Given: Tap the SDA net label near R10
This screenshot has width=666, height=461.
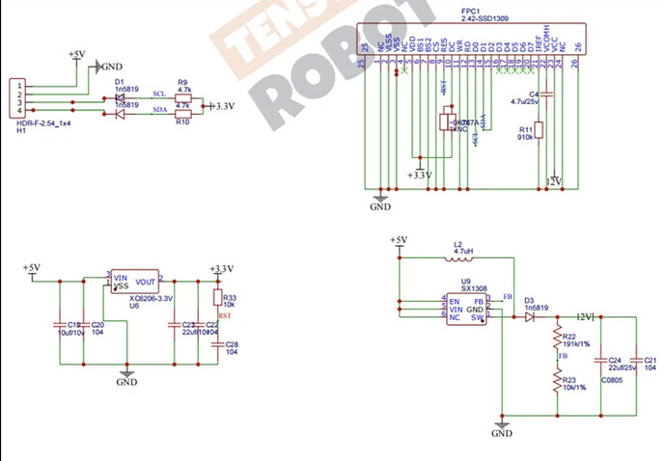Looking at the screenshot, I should click(160, 111).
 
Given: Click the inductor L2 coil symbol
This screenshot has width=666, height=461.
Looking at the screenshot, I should click(460, 258).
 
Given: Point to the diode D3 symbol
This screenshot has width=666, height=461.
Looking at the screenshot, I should click(530, 317).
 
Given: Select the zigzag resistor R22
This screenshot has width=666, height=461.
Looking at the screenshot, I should click(557, 339).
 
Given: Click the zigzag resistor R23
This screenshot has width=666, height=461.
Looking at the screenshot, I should click(557, 384).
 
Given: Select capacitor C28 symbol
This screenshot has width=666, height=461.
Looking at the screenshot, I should click(216, 344).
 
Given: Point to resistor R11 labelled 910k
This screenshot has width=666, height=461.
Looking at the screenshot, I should click(539, 130).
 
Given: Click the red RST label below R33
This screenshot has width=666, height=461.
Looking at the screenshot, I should click(224, 315).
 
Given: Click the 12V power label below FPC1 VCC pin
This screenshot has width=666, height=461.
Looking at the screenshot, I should click(553, 180).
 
